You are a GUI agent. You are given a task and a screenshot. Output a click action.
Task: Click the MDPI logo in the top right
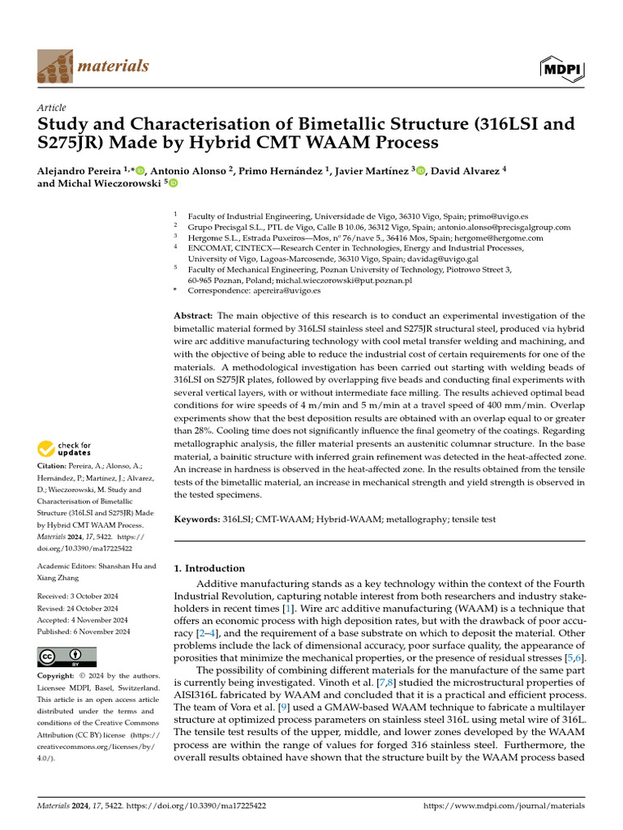click(x=562, y=69)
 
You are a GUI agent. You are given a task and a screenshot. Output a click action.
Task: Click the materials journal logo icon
click(x=54, y=65)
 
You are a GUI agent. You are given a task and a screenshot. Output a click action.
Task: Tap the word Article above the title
click(x=52, y=108)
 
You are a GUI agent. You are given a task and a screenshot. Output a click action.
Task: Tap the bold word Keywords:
click(x=198, y=519)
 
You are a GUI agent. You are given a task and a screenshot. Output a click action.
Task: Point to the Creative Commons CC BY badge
click(x=67, y=657)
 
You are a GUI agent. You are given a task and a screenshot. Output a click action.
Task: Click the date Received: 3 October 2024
click(x=78, y=597)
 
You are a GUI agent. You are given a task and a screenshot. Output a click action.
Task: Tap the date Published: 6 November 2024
click(x=81, y=631)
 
